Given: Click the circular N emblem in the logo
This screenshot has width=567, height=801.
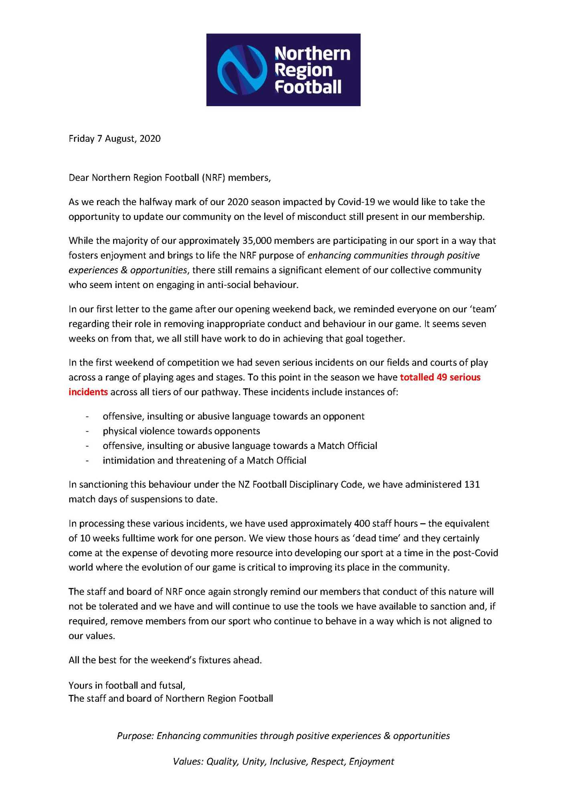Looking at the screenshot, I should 242,70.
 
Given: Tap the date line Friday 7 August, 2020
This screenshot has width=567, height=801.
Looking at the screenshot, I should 115,139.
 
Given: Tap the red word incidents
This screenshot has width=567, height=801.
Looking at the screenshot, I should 88,392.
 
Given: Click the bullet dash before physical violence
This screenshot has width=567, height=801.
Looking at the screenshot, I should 87,431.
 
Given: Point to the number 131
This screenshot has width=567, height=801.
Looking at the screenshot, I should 472,485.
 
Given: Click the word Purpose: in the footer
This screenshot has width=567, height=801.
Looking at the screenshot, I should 135,736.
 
